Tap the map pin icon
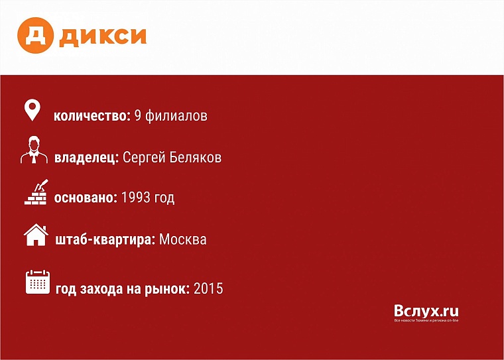point(32,110)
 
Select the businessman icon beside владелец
point(33,151)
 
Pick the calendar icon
point(38,282)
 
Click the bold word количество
point(92,116)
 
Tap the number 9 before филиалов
point(138,116)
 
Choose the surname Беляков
point(196,158)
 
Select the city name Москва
point(183,239)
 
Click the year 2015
point(208,288)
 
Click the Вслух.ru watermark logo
point(426,312)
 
